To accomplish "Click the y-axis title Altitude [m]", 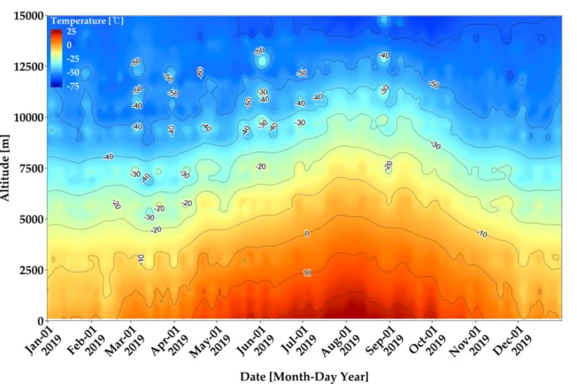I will click(8, 167).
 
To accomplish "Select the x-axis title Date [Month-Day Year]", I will click(304, 376).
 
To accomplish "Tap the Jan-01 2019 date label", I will click(40, 341).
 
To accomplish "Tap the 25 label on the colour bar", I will click(71, 31).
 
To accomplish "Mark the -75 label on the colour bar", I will click(73, 86).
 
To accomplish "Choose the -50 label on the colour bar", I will click(73, 72).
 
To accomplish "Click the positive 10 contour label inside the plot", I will click(307, 273).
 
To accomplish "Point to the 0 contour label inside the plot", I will click(307, 234).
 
